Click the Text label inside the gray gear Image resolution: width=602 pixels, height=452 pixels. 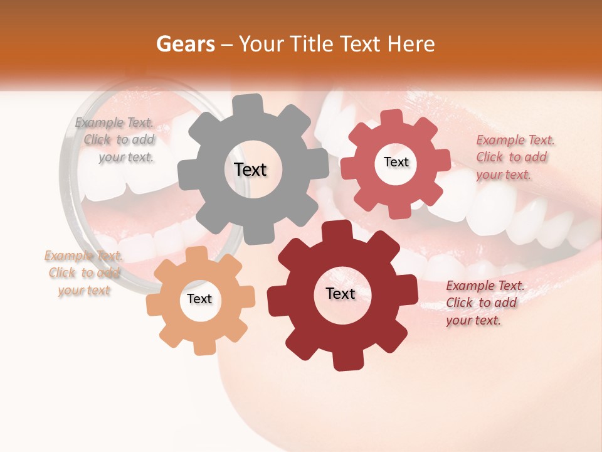(x=250, y=169)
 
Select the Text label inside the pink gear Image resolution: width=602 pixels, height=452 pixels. (x=396, y=162)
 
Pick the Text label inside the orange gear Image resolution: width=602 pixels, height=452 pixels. (x=199, y=299)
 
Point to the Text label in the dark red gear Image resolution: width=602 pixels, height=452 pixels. (x=341, y=293)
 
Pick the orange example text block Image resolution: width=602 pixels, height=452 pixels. (x=84, y=273)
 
